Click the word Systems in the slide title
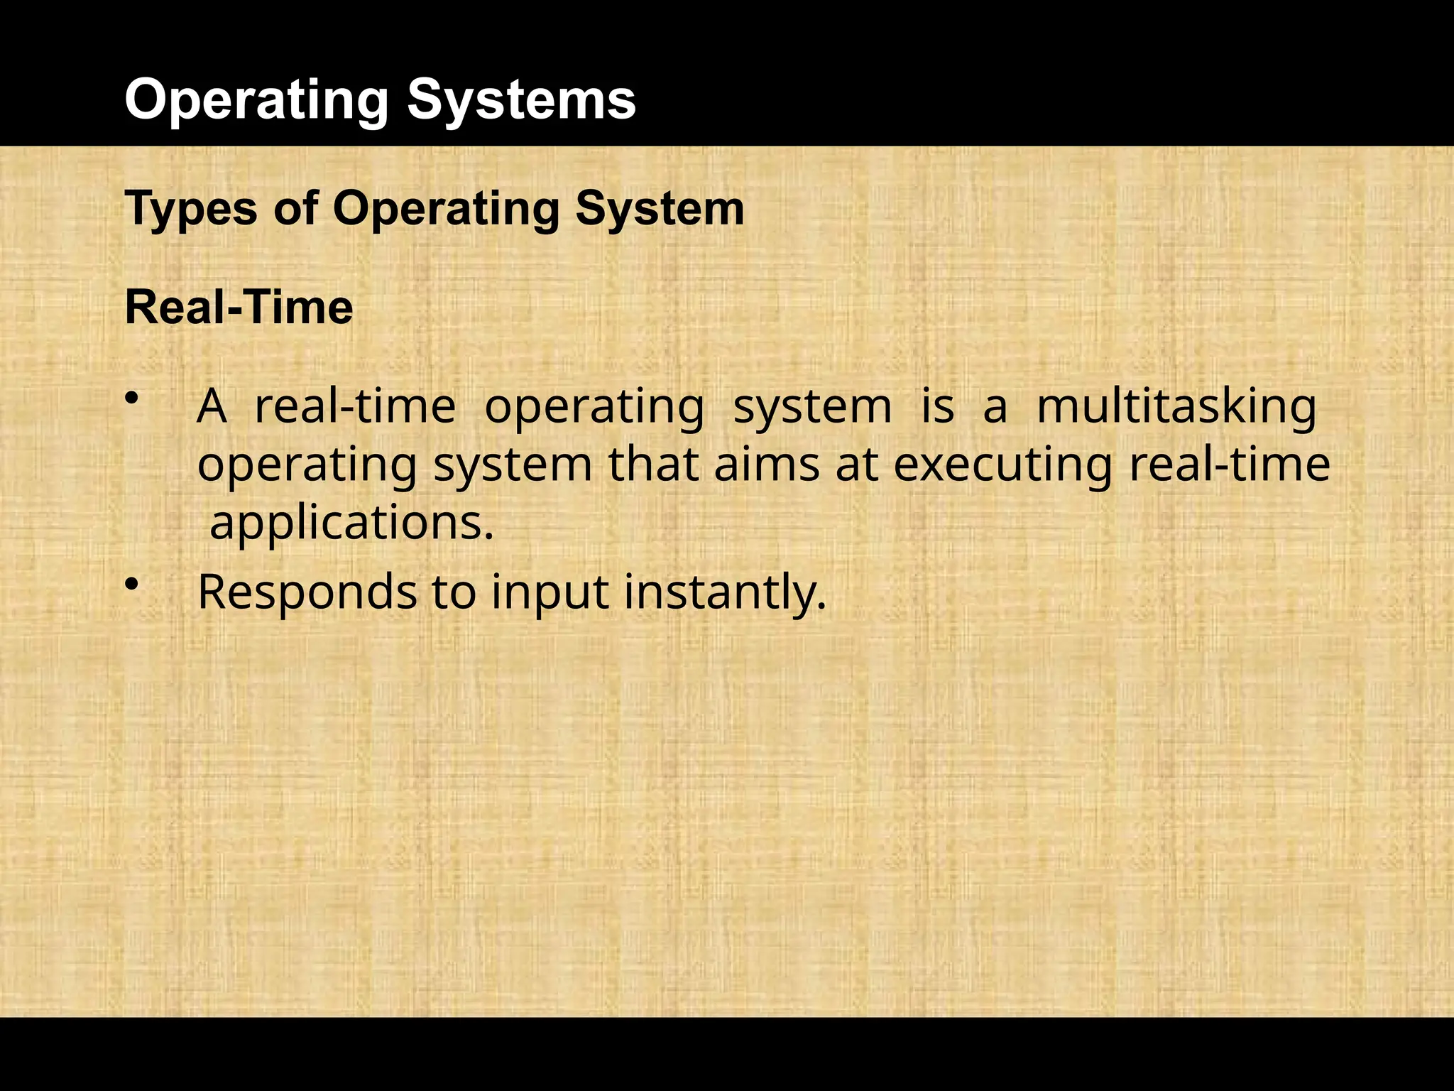[x=521, y=99]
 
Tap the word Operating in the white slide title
[x=256, y=101]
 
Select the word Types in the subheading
[x=191, y=210]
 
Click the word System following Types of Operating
[x=660, y=210]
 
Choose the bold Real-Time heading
[x=239, y=308]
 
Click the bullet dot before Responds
[x=131, y=584]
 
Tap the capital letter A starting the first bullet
[x=212, y=407]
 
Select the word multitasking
[x=1176, y=408]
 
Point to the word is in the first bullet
[x=937, y=407]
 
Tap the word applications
[x=351, y=524]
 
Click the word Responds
[x=307, y=593]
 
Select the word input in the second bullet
[x=550, y=593]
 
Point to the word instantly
[x=725, y=593]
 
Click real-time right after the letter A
[x=355, y=407]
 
